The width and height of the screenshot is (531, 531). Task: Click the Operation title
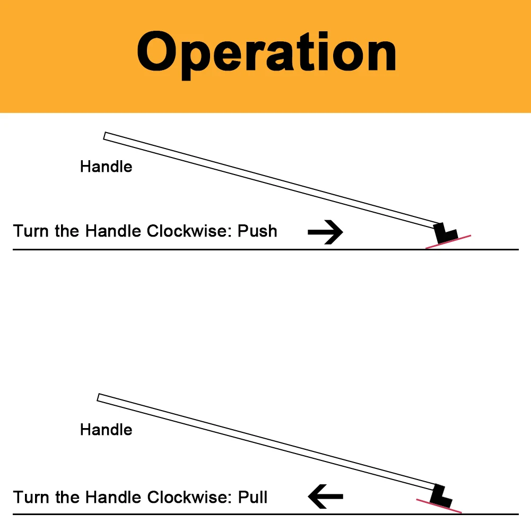266,53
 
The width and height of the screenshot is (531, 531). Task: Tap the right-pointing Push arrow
325,232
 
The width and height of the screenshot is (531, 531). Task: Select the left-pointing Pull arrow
325,497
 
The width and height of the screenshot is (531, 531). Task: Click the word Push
257,231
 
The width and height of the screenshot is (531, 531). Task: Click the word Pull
253,497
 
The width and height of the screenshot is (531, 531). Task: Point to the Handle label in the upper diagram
106,167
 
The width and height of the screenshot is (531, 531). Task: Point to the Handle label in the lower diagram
106,429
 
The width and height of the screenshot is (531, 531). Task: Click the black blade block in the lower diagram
440,495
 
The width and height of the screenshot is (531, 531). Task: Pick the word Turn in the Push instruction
31,231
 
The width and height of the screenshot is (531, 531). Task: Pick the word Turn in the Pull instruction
31,497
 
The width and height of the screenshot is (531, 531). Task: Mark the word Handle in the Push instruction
114,231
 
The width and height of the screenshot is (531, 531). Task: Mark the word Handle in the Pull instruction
114,497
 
